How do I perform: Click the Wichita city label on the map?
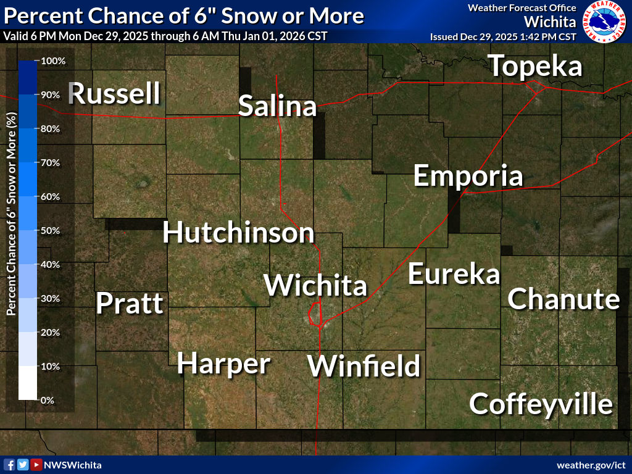click(315, 286)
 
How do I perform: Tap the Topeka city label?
click(536, 67)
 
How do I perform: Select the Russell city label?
click(115, 94)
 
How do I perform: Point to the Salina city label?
click(277, 106)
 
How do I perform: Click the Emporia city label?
click(468, 176)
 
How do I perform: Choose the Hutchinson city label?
click(238, 233)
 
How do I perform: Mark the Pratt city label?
click(130, 304)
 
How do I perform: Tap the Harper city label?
click(223, 364)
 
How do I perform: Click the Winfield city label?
click(364, 366)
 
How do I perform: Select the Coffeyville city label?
click(541, 404)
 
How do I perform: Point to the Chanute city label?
click(563, 299)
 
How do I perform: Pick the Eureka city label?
click(454, 274)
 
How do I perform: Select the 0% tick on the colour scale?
click(47, 400)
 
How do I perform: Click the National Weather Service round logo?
click(604, 22)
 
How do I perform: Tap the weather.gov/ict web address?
click(591, 465)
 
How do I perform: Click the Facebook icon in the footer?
click(9, 465)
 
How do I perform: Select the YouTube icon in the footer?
click(36, 465)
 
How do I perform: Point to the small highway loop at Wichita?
click(315, 314)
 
